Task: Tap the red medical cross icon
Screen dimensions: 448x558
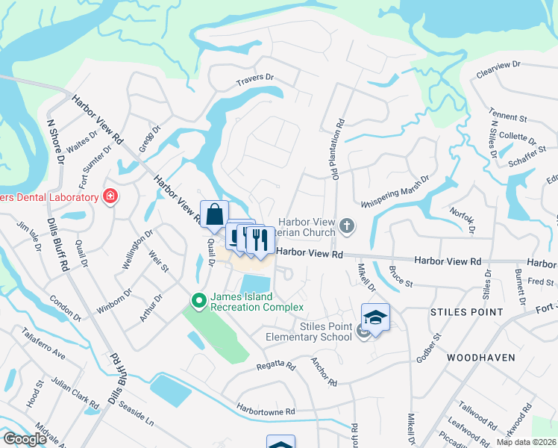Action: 110,196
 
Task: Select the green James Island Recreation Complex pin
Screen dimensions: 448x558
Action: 198,301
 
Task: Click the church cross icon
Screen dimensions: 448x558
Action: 345,225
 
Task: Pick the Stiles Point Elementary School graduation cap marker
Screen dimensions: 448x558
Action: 375,317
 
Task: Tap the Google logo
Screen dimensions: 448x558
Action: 25,439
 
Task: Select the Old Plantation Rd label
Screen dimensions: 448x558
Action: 337,146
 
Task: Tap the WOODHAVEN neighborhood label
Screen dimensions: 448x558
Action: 481,358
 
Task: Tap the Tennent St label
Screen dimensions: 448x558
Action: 508,117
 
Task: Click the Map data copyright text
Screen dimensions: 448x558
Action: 525,442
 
